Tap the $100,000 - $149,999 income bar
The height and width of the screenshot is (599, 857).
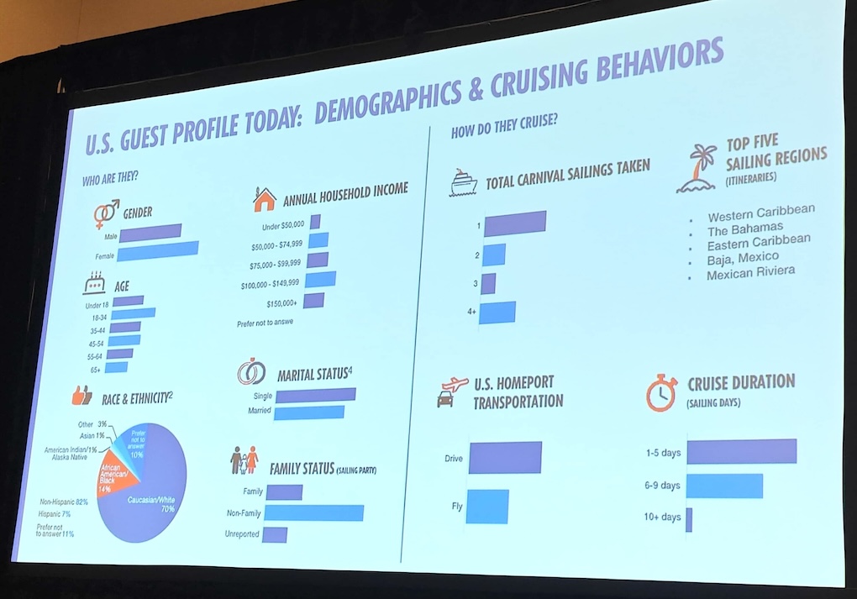(x=321, y=280)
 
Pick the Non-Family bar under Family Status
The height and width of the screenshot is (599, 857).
(x=314, y=512)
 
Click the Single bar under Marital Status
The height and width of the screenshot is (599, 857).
(x=315, y=395)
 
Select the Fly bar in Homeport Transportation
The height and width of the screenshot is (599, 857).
(x=487, y=506)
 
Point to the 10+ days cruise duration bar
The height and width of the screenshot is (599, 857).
(x=689, y=519)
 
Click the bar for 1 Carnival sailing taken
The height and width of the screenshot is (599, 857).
(x=515, y=223)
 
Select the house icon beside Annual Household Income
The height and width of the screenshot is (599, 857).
(x=264, y=200)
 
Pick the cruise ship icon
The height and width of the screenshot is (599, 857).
(x=463, y=182)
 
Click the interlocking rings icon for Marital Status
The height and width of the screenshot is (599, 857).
(x=250, y=371)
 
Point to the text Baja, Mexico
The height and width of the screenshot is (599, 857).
(x=743, y=258)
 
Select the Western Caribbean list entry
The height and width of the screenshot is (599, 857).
(x=761, y=212)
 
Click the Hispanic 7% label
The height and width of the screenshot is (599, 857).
(x=54, y=513)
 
